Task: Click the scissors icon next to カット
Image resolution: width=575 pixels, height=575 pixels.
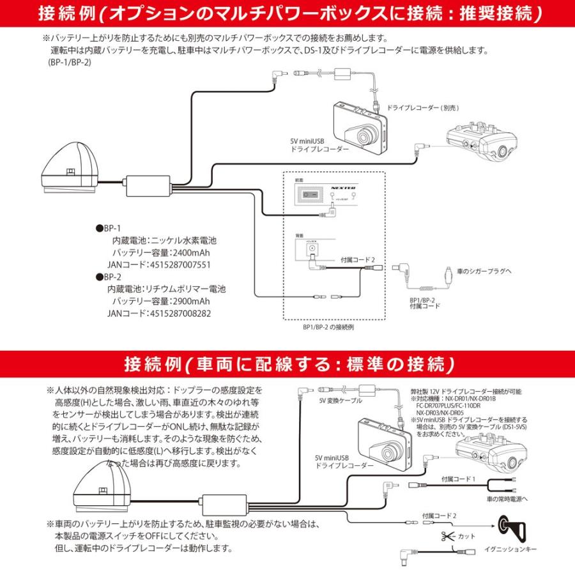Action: tap(445, 536)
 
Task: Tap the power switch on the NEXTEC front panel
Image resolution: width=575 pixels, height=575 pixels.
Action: tap(311, 194)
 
